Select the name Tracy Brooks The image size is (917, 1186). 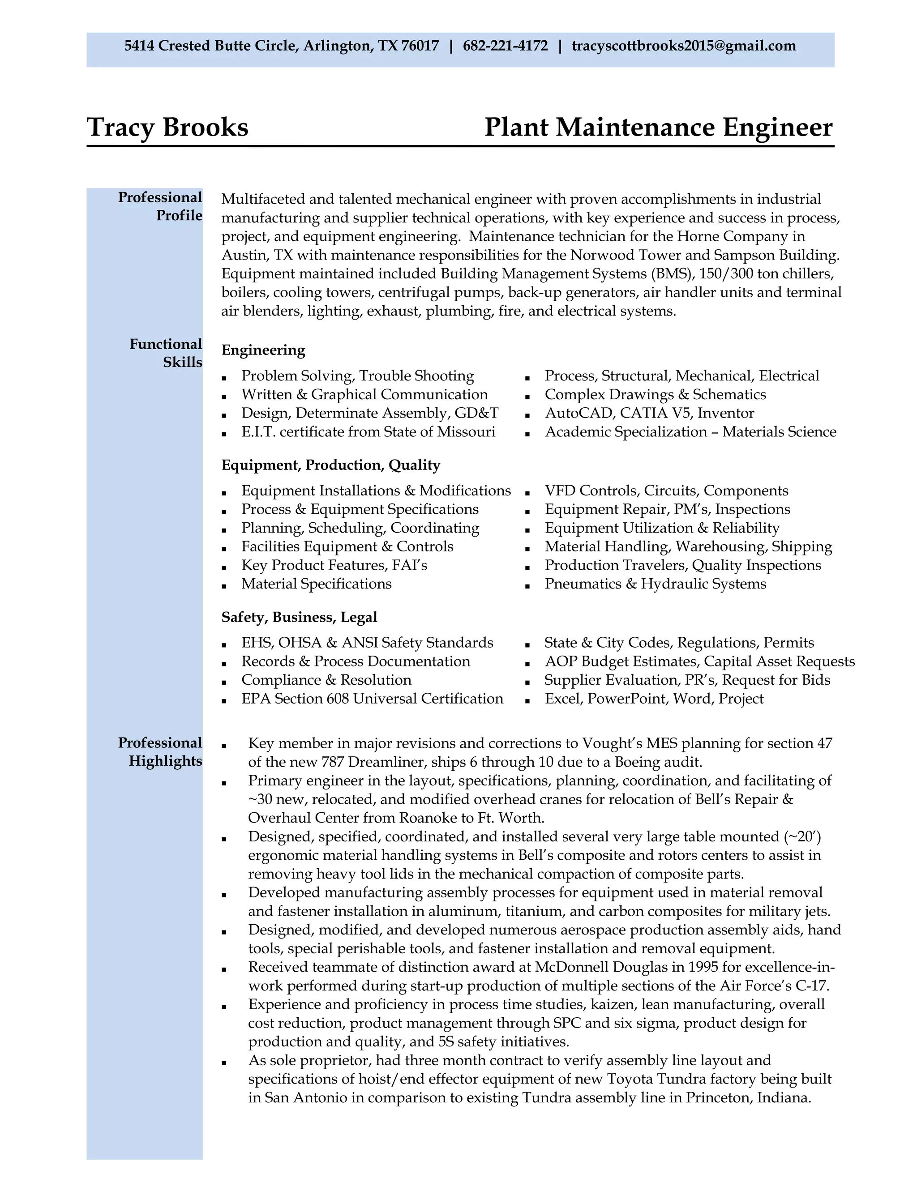167,127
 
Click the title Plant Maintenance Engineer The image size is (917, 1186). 658,127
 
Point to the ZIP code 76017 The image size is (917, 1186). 420,46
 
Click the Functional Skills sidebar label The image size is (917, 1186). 166,353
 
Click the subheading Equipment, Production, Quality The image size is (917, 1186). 330,465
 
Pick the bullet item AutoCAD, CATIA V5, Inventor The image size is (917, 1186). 649,413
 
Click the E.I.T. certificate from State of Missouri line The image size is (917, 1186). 369,432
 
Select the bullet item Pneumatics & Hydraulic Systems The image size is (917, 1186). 655,584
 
